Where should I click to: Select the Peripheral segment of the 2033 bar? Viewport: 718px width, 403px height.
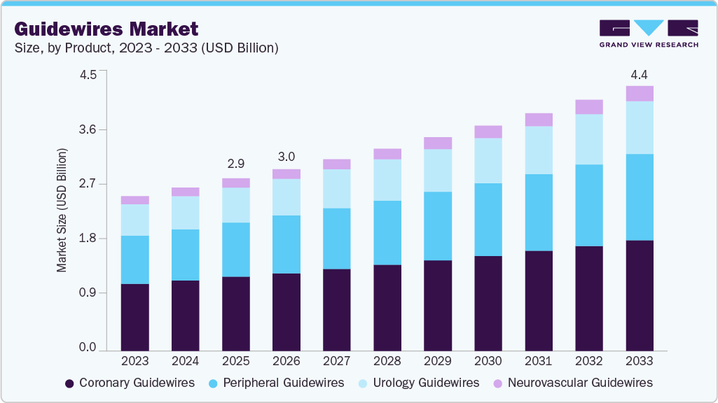pyautogui.click(x=640, y=197)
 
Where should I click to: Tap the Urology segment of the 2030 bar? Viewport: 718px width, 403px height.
pyautogui.click(x=488, y=160)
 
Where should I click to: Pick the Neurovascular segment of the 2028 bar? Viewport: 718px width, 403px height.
pyautogui.click(x=387, y=154)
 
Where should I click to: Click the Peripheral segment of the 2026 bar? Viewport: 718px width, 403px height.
pyautogui.click(x=286, y=244)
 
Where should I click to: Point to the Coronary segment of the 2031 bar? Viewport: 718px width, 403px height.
pyautogui.click(x=539, y=300)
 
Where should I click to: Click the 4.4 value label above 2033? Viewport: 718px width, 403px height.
pyautogui.click(x=639, y=74)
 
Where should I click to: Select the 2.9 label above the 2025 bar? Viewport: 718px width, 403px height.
pyautogui.click(x=236, y=164)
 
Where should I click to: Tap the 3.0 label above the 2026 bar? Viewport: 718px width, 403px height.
pyautogui.click(x=286, y=156)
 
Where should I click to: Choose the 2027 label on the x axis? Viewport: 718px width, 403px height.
pyautogui.click(x=336, y=361)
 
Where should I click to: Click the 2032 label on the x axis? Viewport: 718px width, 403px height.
pyautogui.click(x=588, y=361)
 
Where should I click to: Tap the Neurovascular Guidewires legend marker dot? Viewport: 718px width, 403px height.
pyautogui.click(x=497, y=383)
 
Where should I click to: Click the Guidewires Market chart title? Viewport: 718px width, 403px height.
pyautogui.click(x=106, y=29)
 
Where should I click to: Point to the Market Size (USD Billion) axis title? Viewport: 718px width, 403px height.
pyautogui.click(x=62, y=211)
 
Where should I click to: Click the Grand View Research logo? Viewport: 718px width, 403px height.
pyautogui.click(x=649, y=34)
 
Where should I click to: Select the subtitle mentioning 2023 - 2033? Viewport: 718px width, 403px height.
pyautogui.click(x=146, y=48)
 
